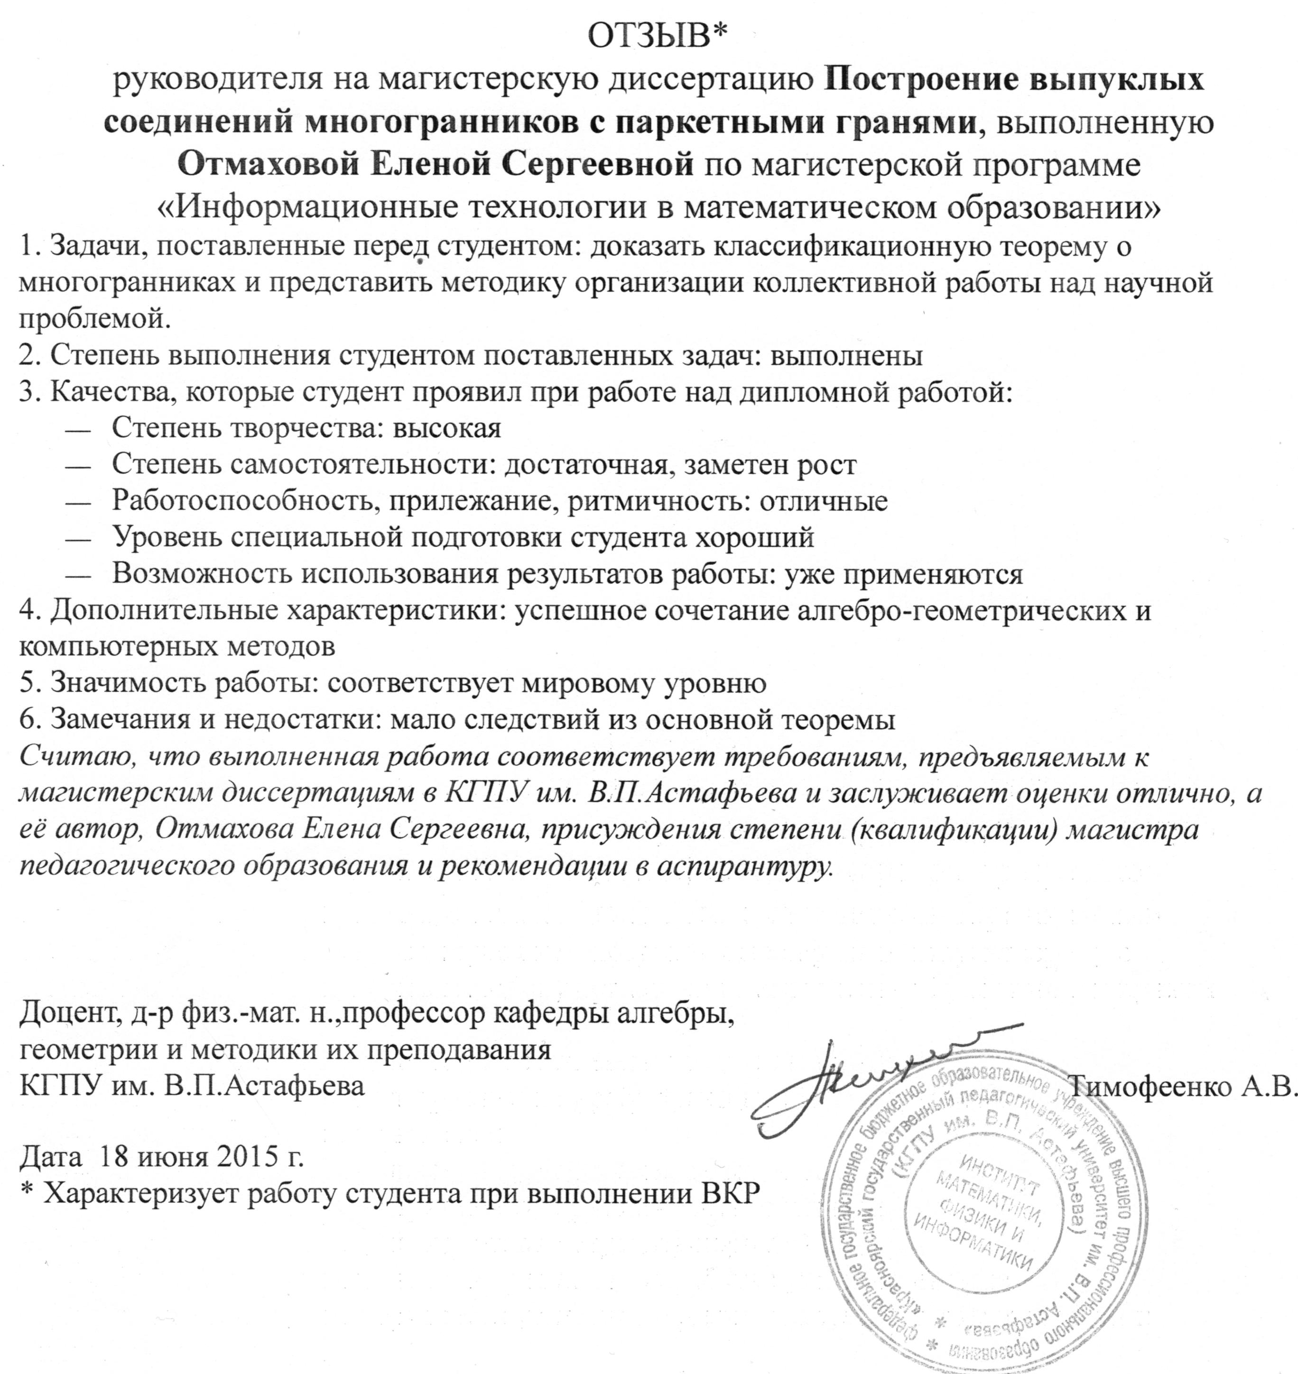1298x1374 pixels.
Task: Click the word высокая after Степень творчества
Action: coord(447,429)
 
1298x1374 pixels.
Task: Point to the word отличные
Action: coord(824,501)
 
